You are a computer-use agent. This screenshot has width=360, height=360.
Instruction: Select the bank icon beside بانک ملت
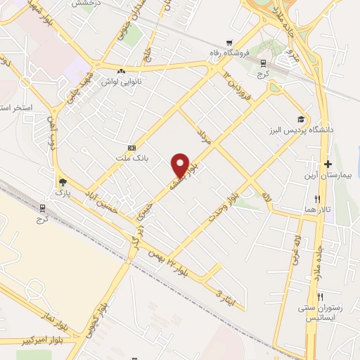tap(131, 148)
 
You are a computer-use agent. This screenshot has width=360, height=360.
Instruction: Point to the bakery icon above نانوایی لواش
tap(122, 71)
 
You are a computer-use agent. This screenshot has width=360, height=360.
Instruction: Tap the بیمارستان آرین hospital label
tap(327, 175)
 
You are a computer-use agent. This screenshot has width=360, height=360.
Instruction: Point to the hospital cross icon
tap(328, 163)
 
